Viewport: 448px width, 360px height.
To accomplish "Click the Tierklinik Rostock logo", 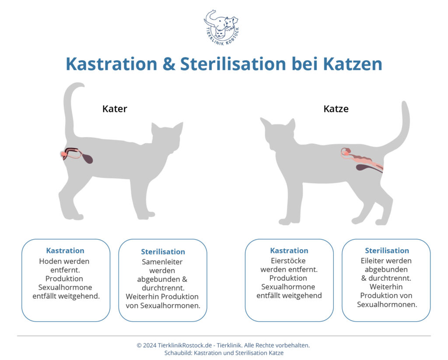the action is [221, 28].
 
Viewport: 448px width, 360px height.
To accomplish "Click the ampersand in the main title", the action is [169, 64].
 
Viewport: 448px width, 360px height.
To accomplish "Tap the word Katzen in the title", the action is [353, 64].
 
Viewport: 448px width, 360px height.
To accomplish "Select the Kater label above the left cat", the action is [115, 109].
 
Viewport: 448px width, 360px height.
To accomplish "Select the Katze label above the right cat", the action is [336, 109].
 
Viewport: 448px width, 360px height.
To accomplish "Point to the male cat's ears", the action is [167, 127].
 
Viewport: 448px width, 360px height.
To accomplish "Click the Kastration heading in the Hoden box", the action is [65, 251].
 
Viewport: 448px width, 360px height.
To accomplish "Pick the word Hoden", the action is [49, 261].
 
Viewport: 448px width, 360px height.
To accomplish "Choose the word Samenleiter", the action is [162, 262].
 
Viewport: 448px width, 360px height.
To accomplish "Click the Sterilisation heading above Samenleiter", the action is [163, 252].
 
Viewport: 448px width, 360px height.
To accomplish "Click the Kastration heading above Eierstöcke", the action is [289, 251].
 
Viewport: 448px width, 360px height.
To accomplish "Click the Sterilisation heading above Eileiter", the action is [387, 251].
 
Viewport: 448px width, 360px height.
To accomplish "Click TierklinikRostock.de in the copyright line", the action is [185, 346].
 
